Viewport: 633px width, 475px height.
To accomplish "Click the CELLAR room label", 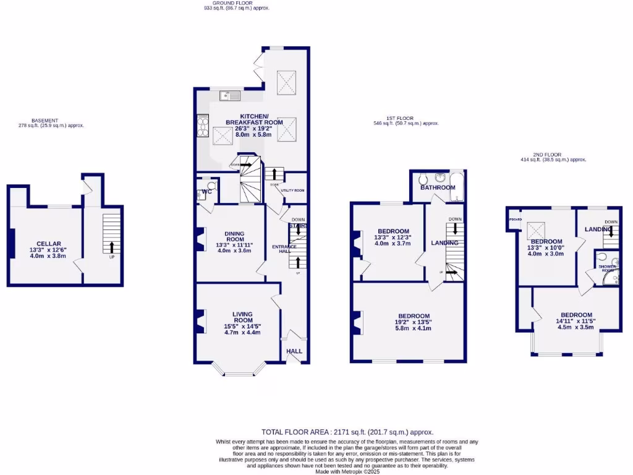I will (48, 244).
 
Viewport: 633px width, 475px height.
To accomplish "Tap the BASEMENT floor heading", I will (45, 121).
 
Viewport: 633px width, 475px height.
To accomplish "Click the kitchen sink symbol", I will (231, 96).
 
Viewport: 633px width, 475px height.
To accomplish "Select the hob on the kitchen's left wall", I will (202, 126).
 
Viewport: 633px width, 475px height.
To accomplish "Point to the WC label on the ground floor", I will (206, 192).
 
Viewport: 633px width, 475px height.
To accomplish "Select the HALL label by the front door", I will (294, 351).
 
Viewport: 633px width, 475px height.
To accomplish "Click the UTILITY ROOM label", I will (292, 190).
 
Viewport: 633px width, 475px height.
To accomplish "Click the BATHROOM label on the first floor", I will (438, 187).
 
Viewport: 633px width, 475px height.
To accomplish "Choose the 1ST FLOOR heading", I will (400, 118).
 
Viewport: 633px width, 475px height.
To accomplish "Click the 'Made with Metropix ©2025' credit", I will (347, 471).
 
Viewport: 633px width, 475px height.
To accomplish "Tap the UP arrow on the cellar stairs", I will (112, 249).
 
